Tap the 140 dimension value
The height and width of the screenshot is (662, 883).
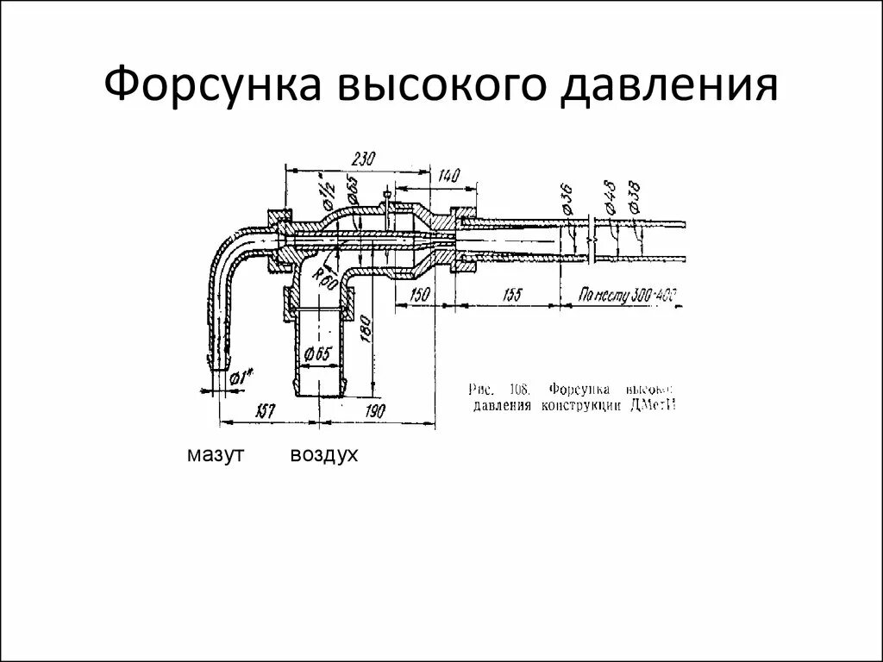pos(448,176)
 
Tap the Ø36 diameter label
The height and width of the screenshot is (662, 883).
pos(566,199)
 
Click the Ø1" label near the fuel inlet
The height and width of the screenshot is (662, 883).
pos(244,377)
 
